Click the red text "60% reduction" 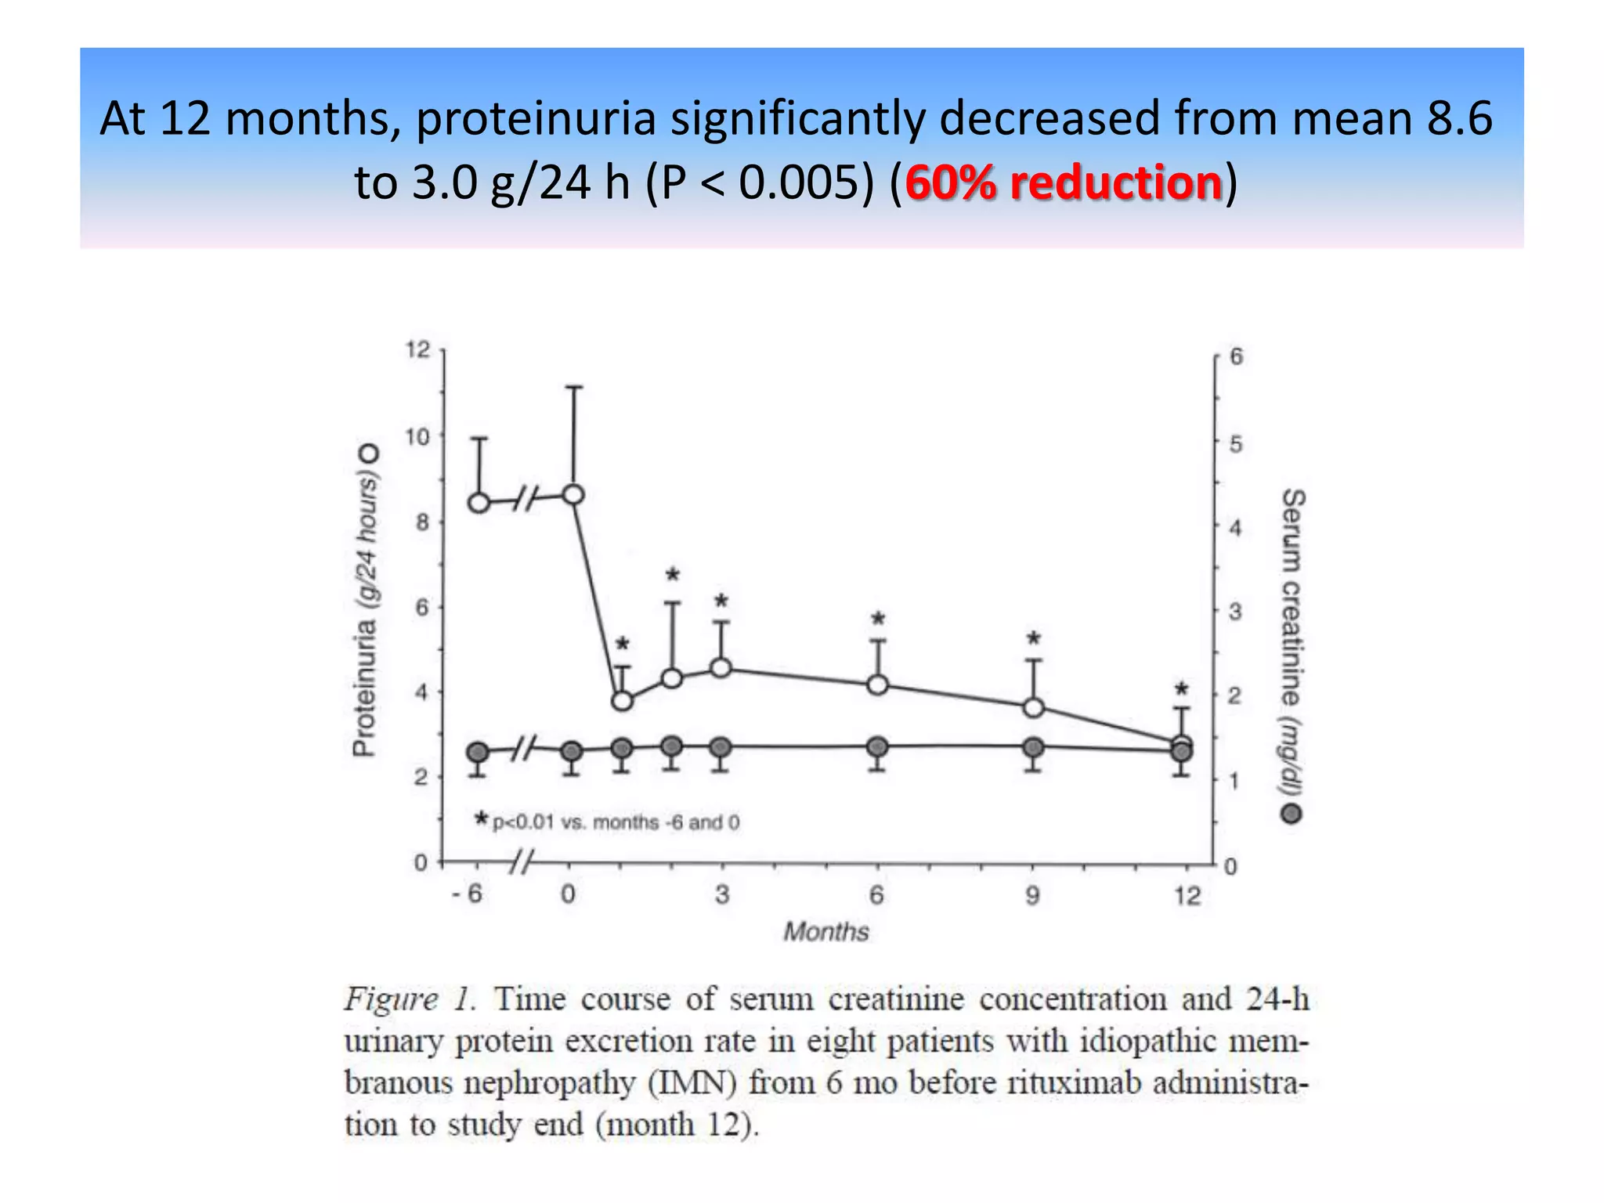[x=1063, y=182]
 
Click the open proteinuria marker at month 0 [x=574, y=495]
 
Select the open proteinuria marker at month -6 [x=479, y=503]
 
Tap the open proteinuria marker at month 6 [x=878, y=685]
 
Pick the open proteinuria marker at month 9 [x=1034, y=708]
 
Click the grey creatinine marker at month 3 [x=721, y=747]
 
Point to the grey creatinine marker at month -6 [x=478, y=753]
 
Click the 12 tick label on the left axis [x=418, y=349]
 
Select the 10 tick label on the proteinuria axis [x=418, y=436]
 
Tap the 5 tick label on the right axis [x=1236, y=444]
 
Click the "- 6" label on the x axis [x=468, y=894]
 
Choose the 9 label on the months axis [x=1033, y=894]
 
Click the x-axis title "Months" [x=826, y=931]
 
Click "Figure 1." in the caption [x=410, y=999]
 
